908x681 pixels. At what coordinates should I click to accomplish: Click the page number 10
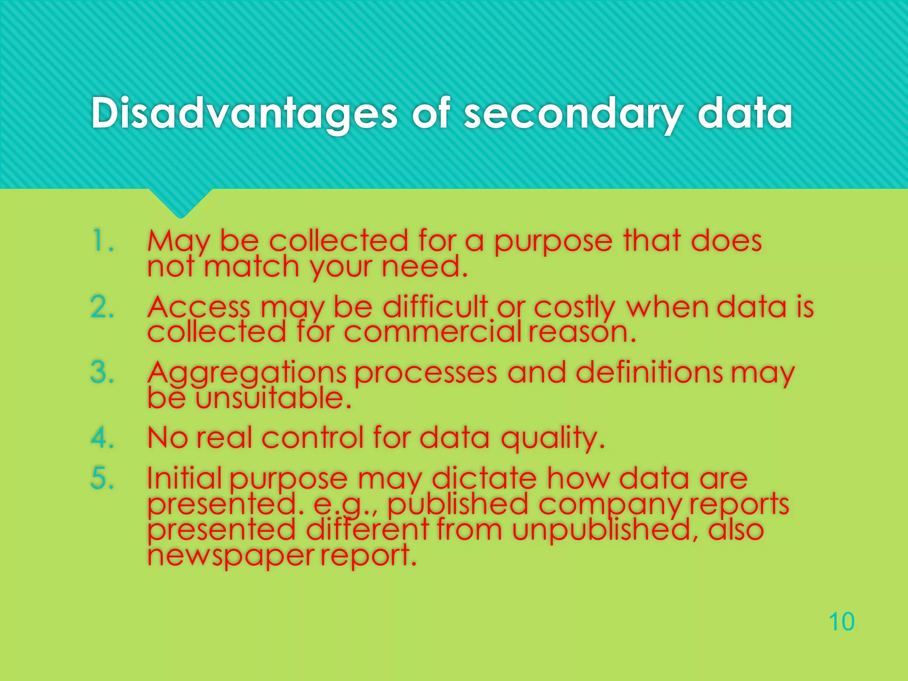pos(841,622)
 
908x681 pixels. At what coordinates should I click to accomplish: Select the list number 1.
pos(102,241)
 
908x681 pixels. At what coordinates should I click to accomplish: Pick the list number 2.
pos(102,307)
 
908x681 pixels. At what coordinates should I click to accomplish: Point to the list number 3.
pos(102,372)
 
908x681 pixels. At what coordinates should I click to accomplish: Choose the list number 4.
pos(102,438)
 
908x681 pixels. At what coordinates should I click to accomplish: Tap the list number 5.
pos(102,478)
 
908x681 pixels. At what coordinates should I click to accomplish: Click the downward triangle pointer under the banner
pos(180,203)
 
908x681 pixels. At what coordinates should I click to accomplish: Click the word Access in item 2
pos(199,307)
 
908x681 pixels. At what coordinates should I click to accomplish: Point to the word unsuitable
pos(273,398)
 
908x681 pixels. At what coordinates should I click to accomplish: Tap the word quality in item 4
pos(552,438)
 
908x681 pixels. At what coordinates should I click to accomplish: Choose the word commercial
pos(432,332)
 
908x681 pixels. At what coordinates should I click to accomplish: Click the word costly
pos(575,307)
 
